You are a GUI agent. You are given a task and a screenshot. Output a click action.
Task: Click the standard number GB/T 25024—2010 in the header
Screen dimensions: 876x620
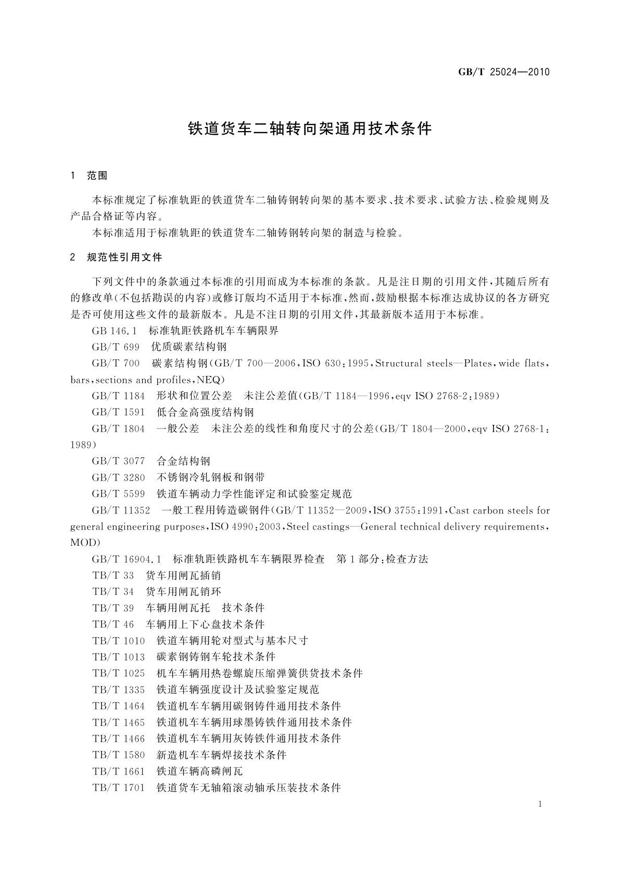[503, 72]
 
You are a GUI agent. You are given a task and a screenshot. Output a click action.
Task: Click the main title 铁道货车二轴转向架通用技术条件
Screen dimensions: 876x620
[310, 128]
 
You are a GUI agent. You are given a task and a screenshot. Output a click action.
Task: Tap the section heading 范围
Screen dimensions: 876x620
[97, 176]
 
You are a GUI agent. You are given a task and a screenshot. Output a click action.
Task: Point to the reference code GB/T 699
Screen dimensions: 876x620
[116, 347]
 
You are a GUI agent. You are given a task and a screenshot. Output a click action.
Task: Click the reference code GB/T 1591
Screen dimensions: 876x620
[118, 413]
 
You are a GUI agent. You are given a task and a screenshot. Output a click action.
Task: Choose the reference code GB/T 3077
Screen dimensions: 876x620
[118, 461]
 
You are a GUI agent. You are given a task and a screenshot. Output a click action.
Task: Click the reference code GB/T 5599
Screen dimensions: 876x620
[118, 494]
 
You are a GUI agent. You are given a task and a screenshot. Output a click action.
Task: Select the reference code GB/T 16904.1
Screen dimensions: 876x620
[126, 559]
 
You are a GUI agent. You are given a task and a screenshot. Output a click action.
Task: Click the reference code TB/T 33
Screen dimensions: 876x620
[113, 576]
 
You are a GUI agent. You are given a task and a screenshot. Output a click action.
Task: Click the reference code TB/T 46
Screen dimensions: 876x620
[113, 624]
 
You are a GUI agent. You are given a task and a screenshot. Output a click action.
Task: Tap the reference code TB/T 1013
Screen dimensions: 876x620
[118, 657]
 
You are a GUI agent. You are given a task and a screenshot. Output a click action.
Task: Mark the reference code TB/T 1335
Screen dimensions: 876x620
[118, 690]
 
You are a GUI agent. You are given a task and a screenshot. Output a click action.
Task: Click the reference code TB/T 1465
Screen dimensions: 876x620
[118, 723]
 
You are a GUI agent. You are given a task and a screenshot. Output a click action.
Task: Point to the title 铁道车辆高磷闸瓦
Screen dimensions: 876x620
[199, 771]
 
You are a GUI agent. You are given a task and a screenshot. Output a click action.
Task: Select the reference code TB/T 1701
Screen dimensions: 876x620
[118, 788]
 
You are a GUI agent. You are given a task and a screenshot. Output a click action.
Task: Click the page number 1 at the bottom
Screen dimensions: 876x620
[540, 804]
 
